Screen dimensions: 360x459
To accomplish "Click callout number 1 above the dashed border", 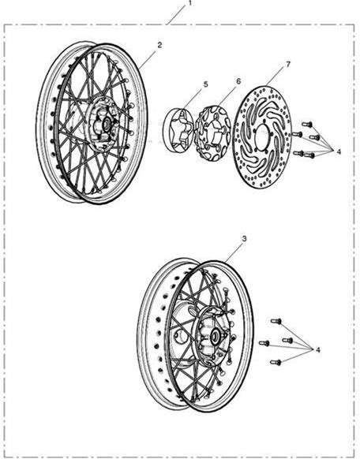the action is [189, 3].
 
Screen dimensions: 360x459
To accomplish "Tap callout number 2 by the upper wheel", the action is [159, 45].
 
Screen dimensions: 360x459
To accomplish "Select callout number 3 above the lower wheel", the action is [244, 239].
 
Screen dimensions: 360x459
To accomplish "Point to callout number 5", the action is [205, 84].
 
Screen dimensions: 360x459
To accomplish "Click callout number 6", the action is [238, 81].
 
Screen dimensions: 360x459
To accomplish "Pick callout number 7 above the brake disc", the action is [288, 64].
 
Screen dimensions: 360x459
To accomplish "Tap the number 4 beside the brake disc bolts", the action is [339, 151].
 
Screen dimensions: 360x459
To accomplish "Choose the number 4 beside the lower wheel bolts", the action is [318, 349].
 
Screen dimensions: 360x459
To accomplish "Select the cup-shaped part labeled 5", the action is [178, 130].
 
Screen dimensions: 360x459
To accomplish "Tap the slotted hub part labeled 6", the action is [213, 133].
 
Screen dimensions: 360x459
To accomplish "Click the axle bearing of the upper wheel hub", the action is [106, 124].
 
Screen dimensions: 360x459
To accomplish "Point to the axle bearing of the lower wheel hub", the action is [216, 337].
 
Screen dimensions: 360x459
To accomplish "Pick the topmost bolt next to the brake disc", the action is [307, 124].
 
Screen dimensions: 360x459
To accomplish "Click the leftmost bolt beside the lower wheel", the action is [264, 342].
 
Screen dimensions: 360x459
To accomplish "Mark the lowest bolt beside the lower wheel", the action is [276, 363].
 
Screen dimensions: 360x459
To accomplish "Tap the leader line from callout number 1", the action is [176, 15].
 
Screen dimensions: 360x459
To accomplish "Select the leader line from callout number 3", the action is [233, 252].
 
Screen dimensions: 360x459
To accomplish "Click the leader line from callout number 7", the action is [275, 77].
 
